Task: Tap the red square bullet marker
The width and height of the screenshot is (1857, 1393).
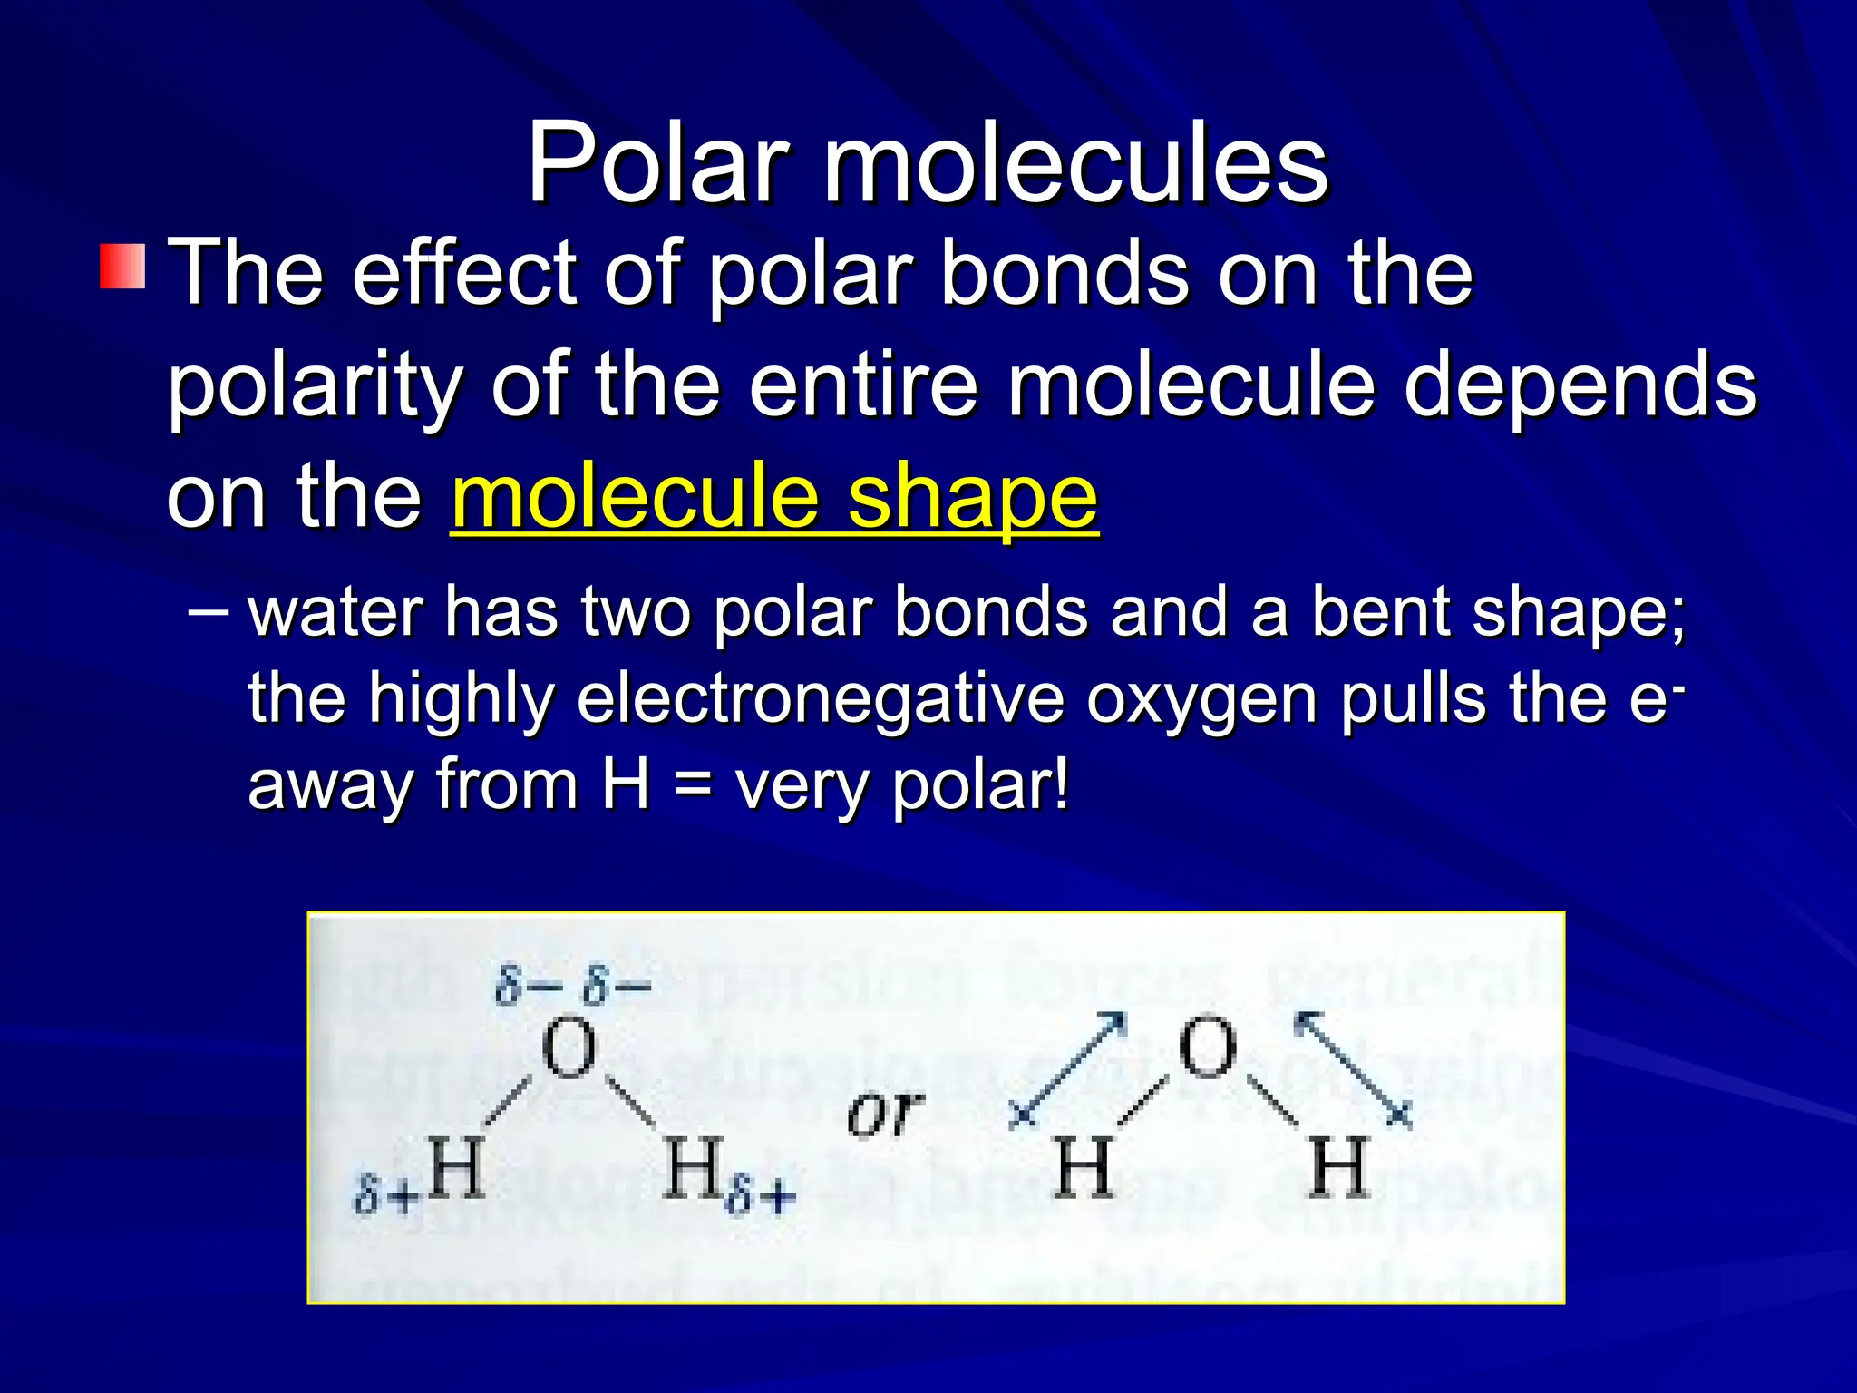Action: click(x=122, y=266)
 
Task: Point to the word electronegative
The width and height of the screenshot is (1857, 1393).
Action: click(x=821, y=698)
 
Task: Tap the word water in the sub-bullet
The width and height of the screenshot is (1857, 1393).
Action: click(x=335, y=612)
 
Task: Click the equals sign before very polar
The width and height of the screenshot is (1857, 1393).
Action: click(x=693, y=784)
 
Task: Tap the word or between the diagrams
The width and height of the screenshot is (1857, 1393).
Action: click(x=885, y=1113)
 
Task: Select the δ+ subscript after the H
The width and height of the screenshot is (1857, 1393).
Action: click(x=761, y=1196)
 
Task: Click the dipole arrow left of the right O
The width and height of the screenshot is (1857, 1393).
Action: click(x=1069, y=1070)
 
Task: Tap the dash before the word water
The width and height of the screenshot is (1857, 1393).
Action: click(x=208, y=610)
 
